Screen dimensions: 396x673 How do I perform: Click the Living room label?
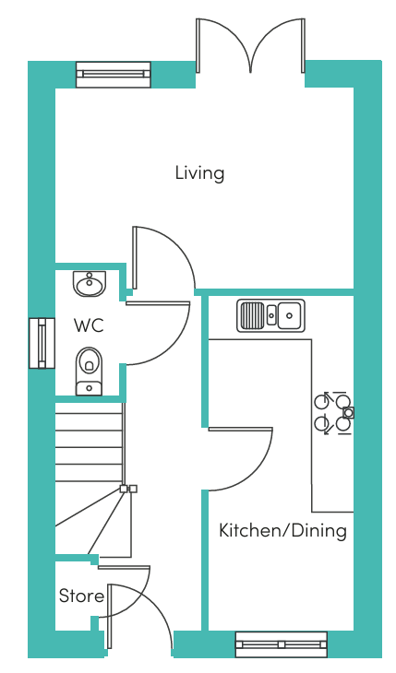(x=199, y=173)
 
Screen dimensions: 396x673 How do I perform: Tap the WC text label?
(x=89, y=325)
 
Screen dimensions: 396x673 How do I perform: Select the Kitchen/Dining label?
(x=282, y=530)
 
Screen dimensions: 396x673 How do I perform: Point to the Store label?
(x=81, y=596)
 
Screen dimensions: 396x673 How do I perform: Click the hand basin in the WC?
(x=90, y=284)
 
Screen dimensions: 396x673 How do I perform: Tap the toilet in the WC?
(x=89, y=371)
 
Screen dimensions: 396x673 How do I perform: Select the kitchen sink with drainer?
(x=270, y=316)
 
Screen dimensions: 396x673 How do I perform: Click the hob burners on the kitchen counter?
(x=334, y=412)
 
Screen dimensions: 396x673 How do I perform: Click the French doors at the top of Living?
(x=251, y=45)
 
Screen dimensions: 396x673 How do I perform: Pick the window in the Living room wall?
(x=114, y=75)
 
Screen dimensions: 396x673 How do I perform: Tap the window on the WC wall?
(x=42, y=343)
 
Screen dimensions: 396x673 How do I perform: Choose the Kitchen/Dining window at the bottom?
(x=282, y=644)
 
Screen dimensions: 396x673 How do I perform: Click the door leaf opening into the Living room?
(x=135, y=257)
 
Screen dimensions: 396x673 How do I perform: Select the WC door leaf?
(x=158, y=304)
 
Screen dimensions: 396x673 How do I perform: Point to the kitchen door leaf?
(x=240, y=429)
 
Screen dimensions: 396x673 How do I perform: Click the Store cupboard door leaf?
(x=124, y=567)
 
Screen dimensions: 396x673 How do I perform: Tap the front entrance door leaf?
(x=109, y=617)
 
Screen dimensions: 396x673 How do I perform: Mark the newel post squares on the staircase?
(x=128, y=489)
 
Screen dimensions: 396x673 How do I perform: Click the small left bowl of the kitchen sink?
(x=271, y=316)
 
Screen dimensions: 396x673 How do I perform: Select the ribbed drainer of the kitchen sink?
(x=252, y=316)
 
